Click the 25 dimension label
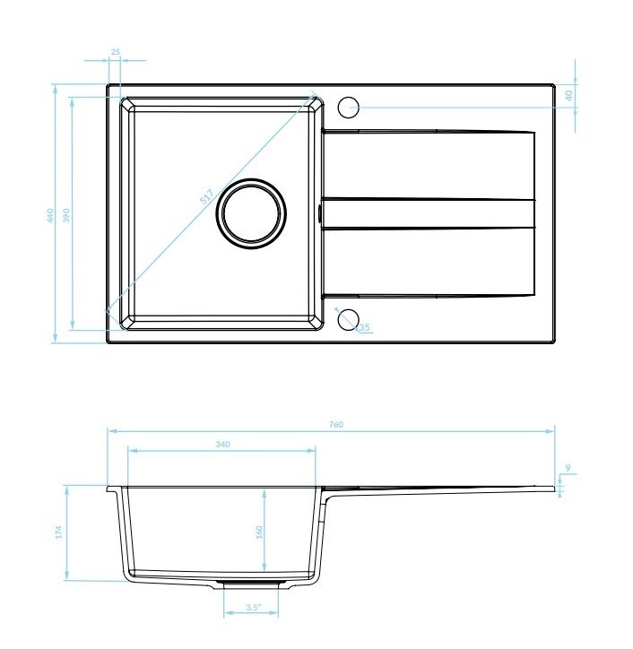(116, 52)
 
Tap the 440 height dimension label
(50, 216)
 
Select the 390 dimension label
(66, 216)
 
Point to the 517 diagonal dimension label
(206, 196)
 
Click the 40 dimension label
(569, 96)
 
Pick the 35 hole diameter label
(364, 327)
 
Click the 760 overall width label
(336, 424)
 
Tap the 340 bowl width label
(222, 444)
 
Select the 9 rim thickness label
(568, 468)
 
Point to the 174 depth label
(58, 532)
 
